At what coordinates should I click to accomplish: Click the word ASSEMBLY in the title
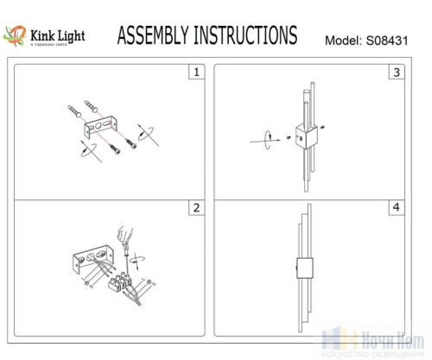pos(152,35)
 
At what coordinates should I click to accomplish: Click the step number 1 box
pos(196,73)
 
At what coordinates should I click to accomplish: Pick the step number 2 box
pos(196,208)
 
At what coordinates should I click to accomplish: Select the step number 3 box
pos(396,73)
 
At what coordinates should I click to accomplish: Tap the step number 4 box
pos(396,208)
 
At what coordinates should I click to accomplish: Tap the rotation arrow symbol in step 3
pos(267,136)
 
